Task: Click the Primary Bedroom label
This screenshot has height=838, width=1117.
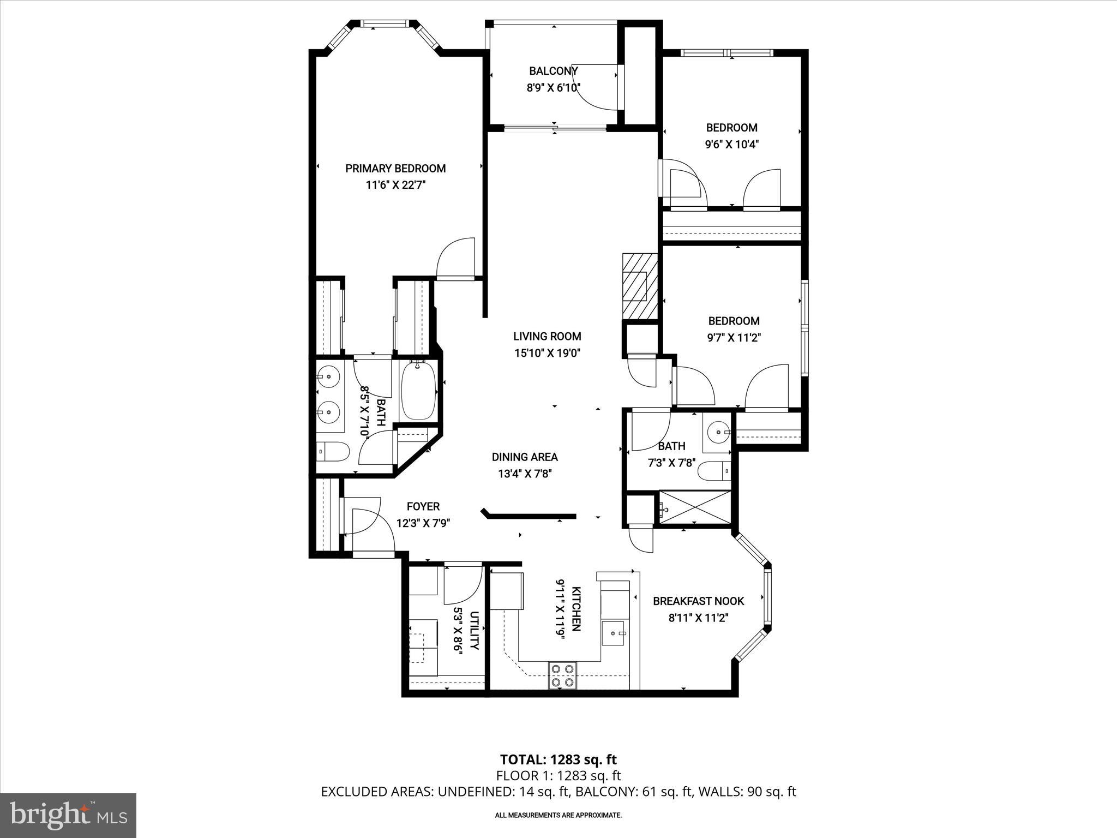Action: click(x=395, y=169)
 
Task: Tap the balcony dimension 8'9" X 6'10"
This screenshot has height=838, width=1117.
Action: click(x=553, y=87)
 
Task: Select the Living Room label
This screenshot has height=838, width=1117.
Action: click(x=547, y=336)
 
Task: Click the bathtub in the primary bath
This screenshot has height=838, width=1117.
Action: click(x=418, y=391)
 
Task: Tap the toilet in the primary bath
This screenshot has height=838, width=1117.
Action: click(x=333, y=452)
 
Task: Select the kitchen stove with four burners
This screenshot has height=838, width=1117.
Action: click(x=562, y=675)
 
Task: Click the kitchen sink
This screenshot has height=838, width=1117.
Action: click(x=615, y=633)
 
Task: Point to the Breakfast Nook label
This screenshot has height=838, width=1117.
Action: click(x=698, y=601)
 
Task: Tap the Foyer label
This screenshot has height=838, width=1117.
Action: click(x=423, y=506)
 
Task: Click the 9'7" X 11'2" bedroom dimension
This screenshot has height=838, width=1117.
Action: click(x=734, y=338)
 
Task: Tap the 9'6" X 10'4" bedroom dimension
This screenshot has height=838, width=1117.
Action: click(x=732, y=145)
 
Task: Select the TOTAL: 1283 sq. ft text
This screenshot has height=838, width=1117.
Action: click(x=558, y=759)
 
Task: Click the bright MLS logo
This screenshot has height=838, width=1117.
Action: click(x=68, y=815)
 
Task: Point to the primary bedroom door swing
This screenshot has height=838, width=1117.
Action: click(x=456, y=259)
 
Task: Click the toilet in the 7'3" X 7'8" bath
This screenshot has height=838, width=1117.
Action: click(x=714, y=471)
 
